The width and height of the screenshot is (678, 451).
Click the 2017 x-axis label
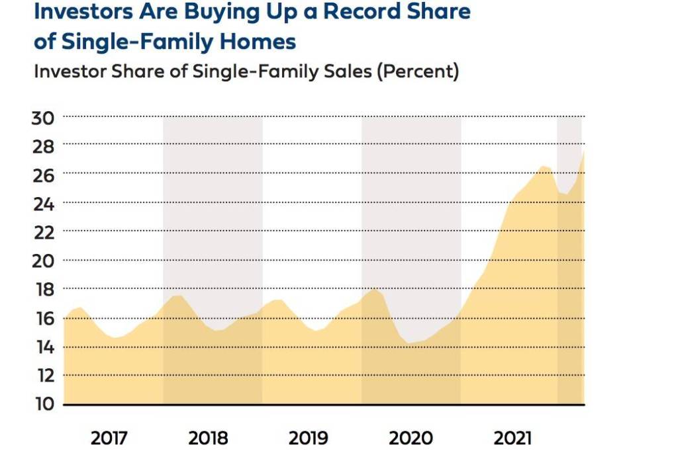coord(111,438)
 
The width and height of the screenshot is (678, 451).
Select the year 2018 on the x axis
coord(208,438)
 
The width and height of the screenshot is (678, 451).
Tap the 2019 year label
coord(309,438)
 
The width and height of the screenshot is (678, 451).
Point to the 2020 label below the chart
coord(411,438)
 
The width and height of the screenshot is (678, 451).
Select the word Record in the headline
coord(371,12)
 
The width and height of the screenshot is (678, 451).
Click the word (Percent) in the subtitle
coord(417,71)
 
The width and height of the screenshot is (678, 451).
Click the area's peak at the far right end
coord(583,151)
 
